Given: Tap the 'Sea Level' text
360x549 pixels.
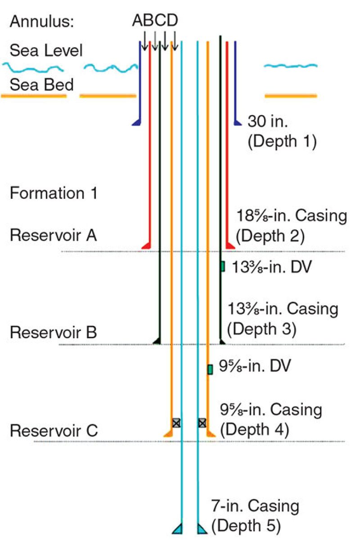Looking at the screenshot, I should pos(46,50).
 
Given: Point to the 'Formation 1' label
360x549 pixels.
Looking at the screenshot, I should pos(54,194).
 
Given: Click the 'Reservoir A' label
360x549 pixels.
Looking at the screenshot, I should pos(54,236).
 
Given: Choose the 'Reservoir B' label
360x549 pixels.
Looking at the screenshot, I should pos(54,333).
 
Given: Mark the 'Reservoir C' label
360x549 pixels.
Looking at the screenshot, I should pos(54,431).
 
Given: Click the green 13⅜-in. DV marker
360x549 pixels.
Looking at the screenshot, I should pos(222,266).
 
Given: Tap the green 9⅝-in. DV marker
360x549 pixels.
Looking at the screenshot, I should pos(210,369).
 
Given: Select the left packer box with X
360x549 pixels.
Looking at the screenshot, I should pos(176,423).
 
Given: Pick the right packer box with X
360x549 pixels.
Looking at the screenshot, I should pos(202,423).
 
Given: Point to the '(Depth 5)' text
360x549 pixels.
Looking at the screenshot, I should pos(246,525).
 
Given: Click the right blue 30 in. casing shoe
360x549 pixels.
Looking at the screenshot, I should pos(237,122).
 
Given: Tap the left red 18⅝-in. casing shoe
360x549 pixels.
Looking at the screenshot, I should pos(146,245).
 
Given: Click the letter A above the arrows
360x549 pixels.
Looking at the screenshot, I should pos(137,21).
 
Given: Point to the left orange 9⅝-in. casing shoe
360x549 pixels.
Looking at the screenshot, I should pos(168,433).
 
